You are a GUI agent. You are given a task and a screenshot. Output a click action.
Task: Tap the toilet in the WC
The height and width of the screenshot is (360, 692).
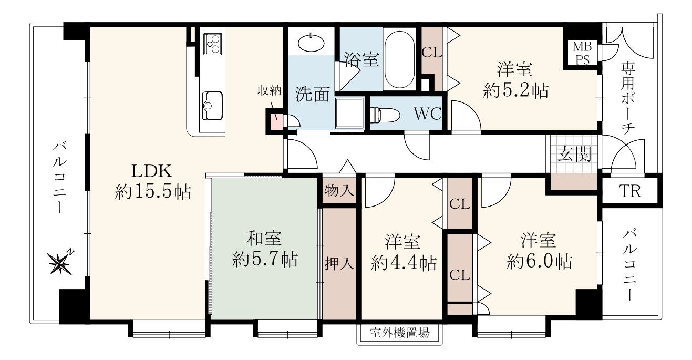click(x=384, y=115)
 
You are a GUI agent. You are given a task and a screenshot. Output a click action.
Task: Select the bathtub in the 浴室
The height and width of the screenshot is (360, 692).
click(x=399, y=59)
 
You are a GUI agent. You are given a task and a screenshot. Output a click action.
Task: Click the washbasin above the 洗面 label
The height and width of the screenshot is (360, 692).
click(x=312, y=42)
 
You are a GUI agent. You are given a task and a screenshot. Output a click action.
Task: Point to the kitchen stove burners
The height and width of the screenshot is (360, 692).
click(x=212, y=44)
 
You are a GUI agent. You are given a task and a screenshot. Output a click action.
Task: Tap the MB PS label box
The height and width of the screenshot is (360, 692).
click(x=582, y=53)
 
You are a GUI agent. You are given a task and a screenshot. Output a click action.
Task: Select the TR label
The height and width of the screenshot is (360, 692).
click(x=630, y=191)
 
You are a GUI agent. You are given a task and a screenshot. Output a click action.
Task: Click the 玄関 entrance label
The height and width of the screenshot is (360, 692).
click(x=574, y=153)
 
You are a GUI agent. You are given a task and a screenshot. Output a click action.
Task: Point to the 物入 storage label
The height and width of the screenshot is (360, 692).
click(x=339, y=190)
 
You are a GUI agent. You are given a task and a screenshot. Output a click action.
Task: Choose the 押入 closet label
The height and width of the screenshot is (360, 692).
click(x=339, y=264)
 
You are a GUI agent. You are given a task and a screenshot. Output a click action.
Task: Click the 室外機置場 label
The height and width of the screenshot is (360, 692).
click(x=399, y=333)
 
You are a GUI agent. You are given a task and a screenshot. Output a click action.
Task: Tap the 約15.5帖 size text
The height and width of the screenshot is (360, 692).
click(x=153, y=192)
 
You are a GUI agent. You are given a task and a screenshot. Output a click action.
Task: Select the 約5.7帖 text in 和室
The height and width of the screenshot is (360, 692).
click(x=265, y=259)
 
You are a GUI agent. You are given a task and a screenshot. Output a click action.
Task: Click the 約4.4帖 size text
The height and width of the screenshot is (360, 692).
click(x=404, y=263)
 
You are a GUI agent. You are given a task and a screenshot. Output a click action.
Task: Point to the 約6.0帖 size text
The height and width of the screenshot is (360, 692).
click(x=540, y=261)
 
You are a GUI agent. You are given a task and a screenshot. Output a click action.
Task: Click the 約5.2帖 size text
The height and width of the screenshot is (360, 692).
click(x=515, y=91)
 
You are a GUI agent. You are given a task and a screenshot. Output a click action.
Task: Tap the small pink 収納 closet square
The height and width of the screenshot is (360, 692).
click(x=276, y=121)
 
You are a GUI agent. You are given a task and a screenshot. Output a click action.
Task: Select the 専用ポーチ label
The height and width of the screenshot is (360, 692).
click(x=627, y=98)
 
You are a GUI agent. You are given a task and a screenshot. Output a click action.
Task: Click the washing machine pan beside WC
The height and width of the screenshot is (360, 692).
click(x=349, y=113)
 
